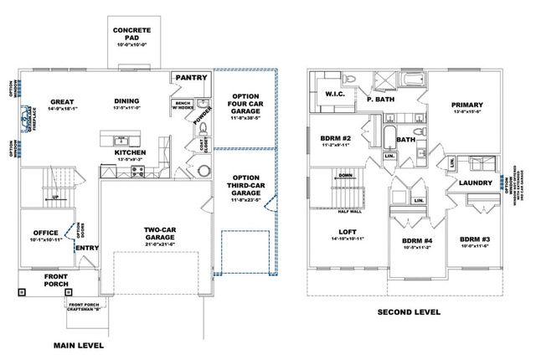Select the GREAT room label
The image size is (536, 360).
point(63,100)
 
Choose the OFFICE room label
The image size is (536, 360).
point(44,233)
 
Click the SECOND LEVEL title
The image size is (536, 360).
point(408,311)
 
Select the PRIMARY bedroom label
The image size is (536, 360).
point(467,105)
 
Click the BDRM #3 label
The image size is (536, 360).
point(475,240)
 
